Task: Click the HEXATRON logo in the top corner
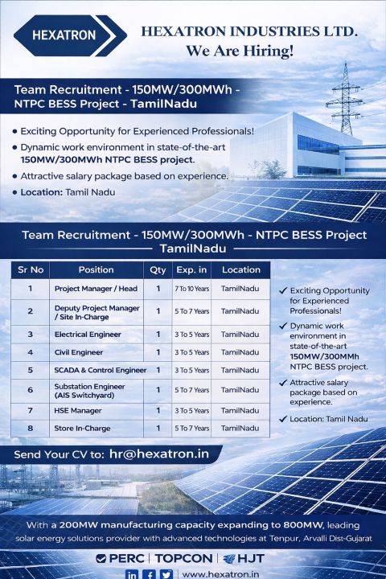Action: click(64, 35)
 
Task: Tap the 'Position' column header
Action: click(96, 269)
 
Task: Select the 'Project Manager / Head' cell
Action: click(96, 289)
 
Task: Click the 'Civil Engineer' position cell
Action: click(79, 352)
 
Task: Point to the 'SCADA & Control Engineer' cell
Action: click(101, 371)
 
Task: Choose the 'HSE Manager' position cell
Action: click(78, 410)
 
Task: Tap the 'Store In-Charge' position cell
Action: click(82, 429)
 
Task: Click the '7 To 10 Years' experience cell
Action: click(191, 289)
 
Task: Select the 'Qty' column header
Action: click(158, 269)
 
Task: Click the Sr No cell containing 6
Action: click(30, 391)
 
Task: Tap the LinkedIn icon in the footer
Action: click(132, 574)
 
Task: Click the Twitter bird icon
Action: click(166, 574)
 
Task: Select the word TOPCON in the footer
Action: click(183, 558)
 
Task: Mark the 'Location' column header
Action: click(241, 269)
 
